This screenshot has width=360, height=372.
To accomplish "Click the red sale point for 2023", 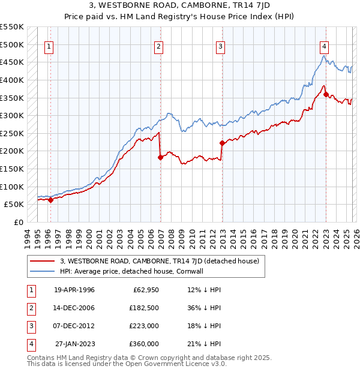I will (326, 94).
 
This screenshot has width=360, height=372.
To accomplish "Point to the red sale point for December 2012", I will (222, 143).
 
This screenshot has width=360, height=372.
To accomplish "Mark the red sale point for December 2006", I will (160, 157).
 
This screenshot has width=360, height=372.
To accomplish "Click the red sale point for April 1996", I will (50, 200).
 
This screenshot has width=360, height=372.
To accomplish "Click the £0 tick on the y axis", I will (19, 222).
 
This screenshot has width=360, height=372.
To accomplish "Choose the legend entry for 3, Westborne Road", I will (159, 261).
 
